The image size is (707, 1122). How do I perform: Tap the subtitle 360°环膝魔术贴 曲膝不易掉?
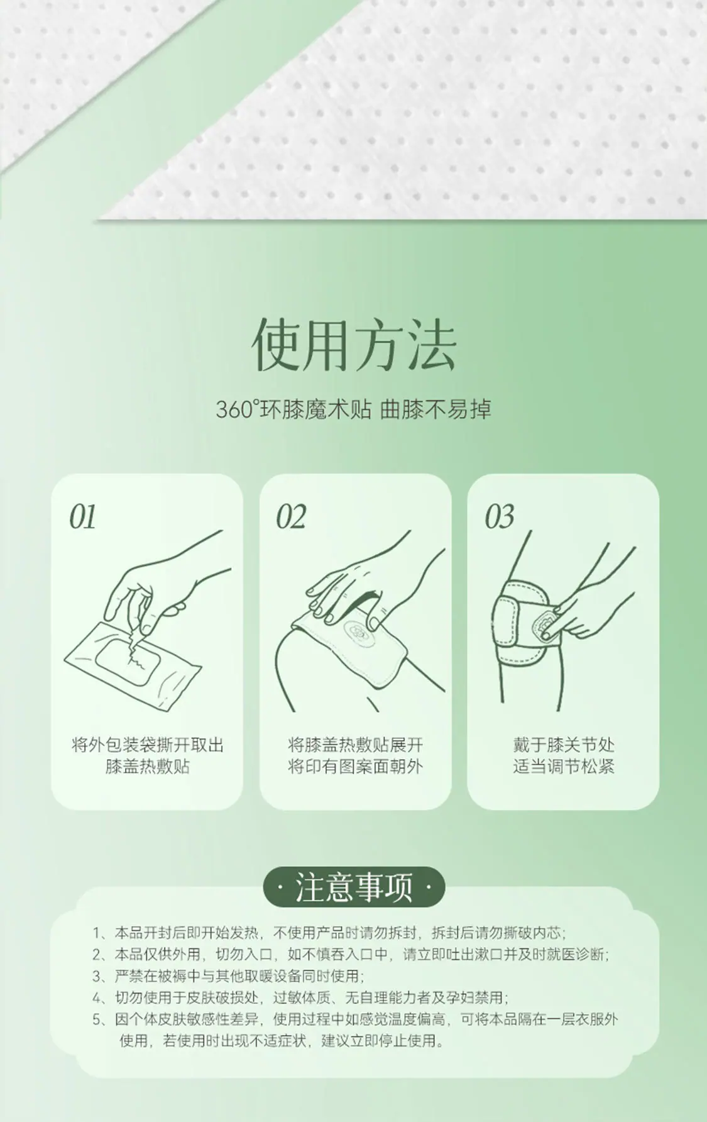click(353, 409)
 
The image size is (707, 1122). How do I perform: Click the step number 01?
click(83, 518)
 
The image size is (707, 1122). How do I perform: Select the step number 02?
click(291, 518)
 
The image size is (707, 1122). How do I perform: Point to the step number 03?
click(500, 518)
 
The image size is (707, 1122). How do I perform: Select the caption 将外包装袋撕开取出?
click(148, 746)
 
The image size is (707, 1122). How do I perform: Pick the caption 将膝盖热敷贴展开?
click(356, 746)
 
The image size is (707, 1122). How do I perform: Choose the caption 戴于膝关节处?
click(564, 746)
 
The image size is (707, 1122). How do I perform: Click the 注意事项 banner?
click(354, 887)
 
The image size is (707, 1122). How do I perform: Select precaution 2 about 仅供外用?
click(351, 955)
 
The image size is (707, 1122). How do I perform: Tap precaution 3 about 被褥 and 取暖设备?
click(228, 976)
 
